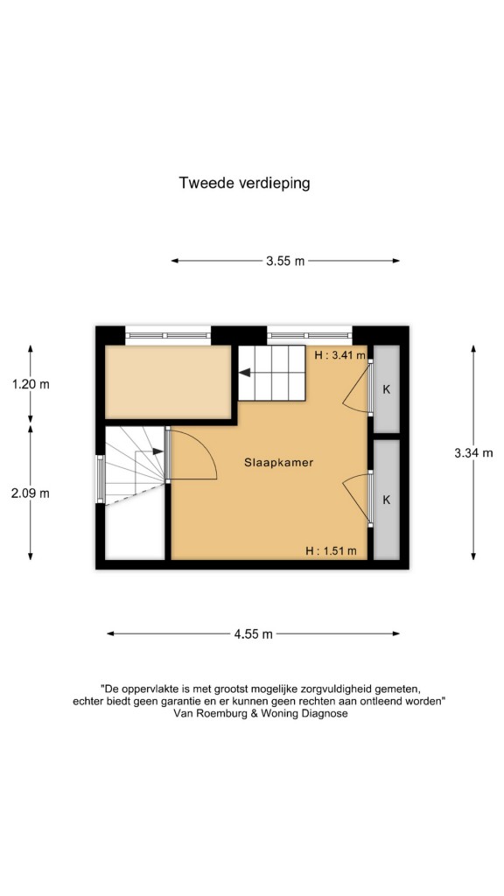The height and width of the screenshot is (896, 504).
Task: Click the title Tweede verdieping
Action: [245, 183]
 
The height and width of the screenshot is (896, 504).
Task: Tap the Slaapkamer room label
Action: [279, 462]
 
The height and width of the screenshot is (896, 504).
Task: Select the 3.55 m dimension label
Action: [285, 261]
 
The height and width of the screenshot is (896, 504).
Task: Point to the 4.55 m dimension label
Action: [253, 633]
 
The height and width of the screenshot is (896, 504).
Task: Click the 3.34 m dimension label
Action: [473, 453]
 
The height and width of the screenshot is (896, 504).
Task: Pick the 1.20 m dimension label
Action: [31, 384]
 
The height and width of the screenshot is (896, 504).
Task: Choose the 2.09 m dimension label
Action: [31, 493]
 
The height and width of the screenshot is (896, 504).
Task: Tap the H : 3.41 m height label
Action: [340, 355]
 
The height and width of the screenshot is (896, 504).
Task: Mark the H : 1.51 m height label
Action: [331, 551]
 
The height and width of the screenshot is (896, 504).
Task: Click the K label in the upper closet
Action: [386, 389]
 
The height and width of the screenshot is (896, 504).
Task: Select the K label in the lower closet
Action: [386, 500]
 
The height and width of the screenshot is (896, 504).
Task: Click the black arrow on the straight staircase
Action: [245, 373]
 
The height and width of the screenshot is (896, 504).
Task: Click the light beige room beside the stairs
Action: [168, 381]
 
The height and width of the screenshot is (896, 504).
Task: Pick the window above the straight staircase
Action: [309, 335]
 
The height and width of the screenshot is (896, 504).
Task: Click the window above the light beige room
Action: [168, 335]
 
